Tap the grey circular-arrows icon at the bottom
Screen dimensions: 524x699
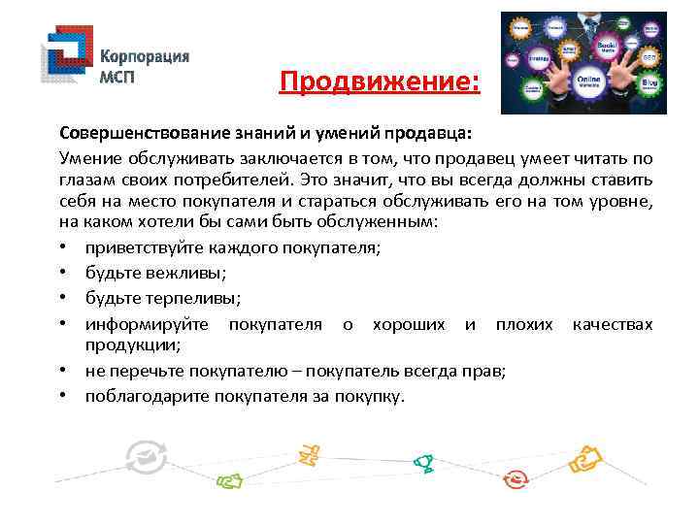click(x=147, y=455)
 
